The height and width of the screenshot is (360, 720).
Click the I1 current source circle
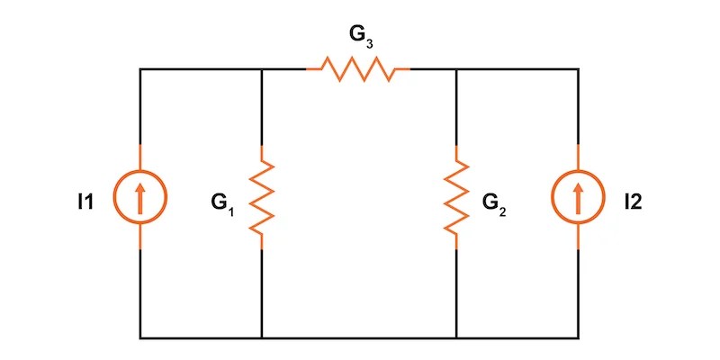tap(140, 196)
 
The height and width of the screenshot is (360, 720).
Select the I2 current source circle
tap(578, 196)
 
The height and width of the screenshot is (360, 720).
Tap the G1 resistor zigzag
tap(261, 196)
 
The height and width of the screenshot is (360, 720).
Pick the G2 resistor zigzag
tap(457, 196)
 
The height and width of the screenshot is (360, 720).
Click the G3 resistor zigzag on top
tap(358, 68)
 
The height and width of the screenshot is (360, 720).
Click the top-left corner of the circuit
tap(140, 68)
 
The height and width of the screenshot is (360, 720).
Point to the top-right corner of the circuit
tap(578, 68)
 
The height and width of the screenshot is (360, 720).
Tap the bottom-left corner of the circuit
tap(140, 338)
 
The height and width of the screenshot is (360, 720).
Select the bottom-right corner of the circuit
tap(578, 338)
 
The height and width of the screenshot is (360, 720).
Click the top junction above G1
tap(261, 68)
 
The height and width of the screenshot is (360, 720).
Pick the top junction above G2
tap(457, 68)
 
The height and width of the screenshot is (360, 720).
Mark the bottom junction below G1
tap(261, 338)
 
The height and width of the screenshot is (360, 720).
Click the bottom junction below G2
tap(457, 338)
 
